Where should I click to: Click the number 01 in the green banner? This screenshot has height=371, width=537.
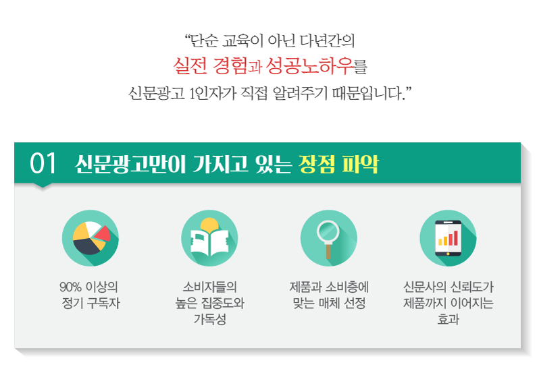pyautogui.click(x=43, y=163)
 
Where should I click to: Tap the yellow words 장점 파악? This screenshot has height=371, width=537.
pyautogui.click(x=338, y=164)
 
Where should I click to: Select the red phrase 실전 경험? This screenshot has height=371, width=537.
pyautogui.click(x=210, y=65)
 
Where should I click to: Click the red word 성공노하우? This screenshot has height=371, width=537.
pyautogui.click(x=309, y=65)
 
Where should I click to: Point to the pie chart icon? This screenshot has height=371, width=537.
pyautogui.click(x=91, y=238)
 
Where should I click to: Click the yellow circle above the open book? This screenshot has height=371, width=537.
pyautogui.click(x=209, y=225)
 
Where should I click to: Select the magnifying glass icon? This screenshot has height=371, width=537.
pyautogui.click(x=329, y=238)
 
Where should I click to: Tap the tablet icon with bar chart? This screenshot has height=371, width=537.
pyautogui.click(x=448, y=238)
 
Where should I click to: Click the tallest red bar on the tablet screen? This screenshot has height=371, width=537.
pyautogui.click(x=456, y=237)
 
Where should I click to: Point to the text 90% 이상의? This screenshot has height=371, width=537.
pyautogui.click(x=88, y=287)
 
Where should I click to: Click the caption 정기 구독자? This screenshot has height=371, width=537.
pyautogui.click(x=91, y=304)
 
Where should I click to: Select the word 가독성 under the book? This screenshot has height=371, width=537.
pyautogui.click(x=210, y=319)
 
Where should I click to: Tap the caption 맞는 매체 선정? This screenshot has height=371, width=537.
pyautogui.click(x=329, y=304)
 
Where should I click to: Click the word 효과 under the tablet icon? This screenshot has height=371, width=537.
pyautogui.click(x=448, y=319)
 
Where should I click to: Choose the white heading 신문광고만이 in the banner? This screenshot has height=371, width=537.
pyautogui.click(x=130, y=164)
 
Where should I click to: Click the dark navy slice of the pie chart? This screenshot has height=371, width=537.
pyautogui.click(x=86, y=246)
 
